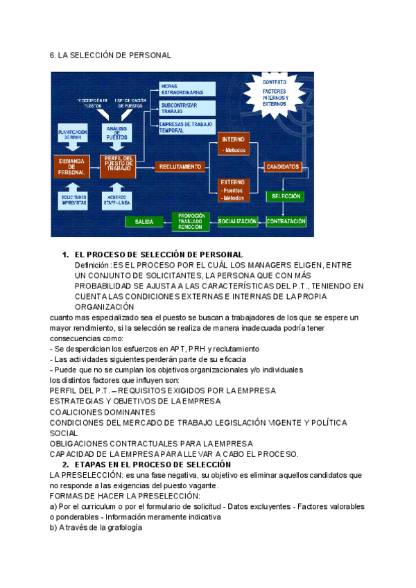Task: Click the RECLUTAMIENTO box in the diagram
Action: [x=180, y=166]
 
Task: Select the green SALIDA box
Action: [x=144, y=221]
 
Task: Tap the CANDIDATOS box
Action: [x=284, y=166]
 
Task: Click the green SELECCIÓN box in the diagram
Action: [x=286, y=196]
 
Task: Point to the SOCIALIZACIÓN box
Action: [x=237, y=221]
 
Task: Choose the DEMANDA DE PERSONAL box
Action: [x=71, y=167]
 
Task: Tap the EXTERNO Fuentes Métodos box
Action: [x=233, y=189]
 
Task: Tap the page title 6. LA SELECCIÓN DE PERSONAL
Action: [x=110, y=55]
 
